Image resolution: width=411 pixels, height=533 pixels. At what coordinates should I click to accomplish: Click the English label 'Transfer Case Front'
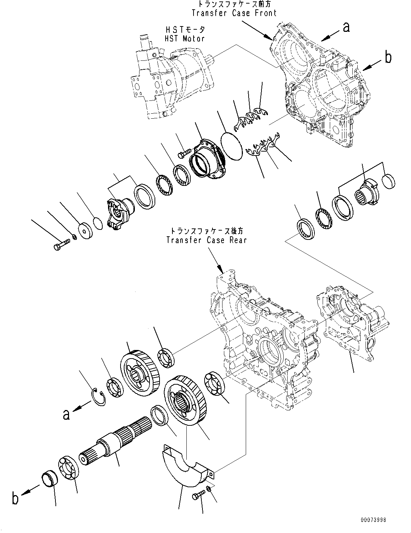234,13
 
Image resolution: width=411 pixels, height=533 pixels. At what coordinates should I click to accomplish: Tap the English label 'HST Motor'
185,39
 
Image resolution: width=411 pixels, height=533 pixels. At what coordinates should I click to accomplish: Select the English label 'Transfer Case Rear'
207,240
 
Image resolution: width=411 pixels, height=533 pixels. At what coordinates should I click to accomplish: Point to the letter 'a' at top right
346,27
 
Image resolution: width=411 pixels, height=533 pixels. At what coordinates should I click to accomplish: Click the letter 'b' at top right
388,57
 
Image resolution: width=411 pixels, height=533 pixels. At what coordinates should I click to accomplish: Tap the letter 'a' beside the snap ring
66,414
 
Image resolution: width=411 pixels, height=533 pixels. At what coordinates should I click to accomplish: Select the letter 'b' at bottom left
15,498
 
